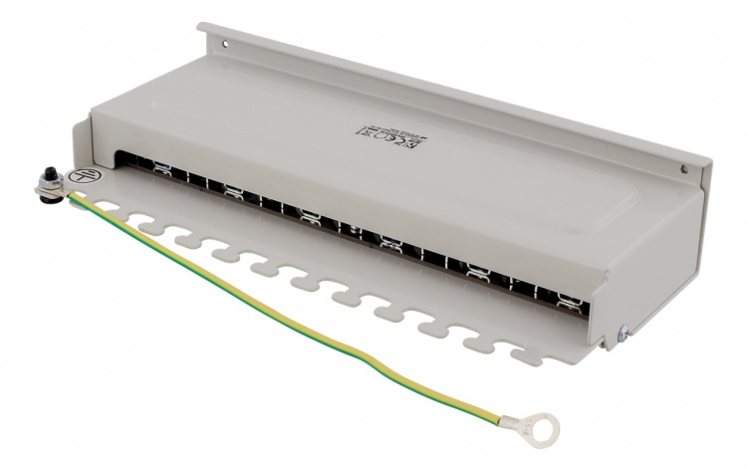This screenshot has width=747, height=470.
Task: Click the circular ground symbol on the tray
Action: click(x=89, y=175)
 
